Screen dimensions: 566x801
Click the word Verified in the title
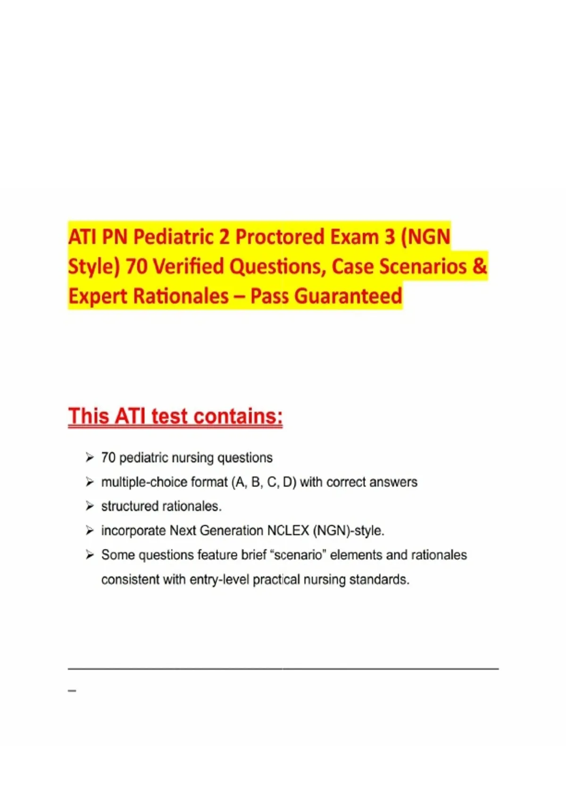click(x=190, y=266)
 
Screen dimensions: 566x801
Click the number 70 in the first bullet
click(x=108, y=458)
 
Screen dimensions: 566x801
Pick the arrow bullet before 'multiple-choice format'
click(x=90, y=482)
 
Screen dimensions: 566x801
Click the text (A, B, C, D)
click(x=264, y=482)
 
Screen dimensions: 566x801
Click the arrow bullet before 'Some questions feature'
click(x=90, y=555)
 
